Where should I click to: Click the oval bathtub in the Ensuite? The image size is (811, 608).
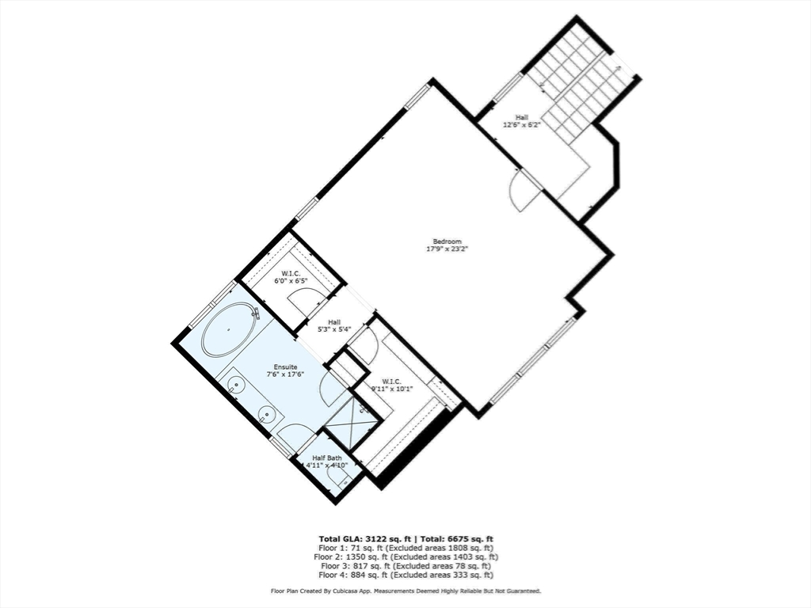[x=229, y=330]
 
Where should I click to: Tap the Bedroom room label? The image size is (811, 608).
[x=447, y=241]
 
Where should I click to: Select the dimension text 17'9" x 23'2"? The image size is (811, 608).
[x=447, y=249]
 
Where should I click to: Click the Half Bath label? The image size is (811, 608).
[x=327, y=458]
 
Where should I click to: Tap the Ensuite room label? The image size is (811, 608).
[x=286, y=367]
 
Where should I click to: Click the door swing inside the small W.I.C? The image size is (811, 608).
[x=304, y=302]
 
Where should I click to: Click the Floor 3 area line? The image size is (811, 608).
[x=405, y=566]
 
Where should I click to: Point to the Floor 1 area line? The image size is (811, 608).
[x=405, y=548]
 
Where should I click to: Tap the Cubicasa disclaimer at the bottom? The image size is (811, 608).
[x=405, y=591]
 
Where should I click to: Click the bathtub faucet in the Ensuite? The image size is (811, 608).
[x=255, y=313]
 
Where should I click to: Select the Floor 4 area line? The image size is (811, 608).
[x=405, y=576]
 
